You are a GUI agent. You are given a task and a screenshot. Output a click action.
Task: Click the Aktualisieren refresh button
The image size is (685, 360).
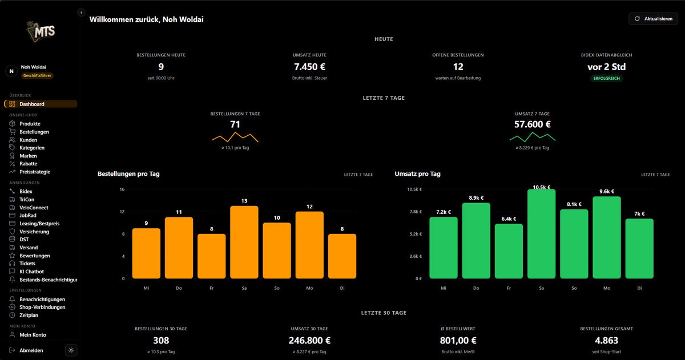(x=653, y=19)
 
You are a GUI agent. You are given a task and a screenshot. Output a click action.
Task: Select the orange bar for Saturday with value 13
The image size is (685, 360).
(x=244, y=242)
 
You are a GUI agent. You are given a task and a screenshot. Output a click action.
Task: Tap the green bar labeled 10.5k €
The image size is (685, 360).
(x=541, y=234)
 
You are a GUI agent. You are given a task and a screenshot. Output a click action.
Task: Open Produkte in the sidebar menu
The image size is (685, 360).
(x=30, y=124)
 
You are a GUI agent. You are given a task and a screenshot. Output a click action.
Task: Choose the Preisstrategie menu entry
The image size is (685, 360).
(x=35, y=172)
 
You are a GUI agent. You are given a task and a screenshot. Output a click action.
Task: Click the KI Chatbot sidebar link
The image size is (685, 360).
(x=31, y=272)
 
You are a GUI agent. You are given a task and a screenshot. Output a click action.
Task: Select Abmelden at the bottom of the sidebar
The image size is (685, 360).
(x=31, y=350)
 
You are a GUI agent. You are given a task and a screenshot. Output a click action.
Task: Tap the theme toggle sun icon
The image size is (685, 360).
(x=71, y=350)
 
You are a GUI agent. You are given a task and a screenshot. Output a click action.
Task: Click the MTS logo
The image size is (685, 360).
(x=41, y=31)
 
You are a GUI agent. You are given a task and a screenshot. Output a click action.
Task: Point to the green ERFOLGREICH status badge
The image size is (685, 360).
(x=606, y=79)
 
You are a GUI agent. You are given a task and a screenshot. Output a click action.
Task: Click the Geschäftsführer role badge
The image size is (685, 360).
(x=37, y=75)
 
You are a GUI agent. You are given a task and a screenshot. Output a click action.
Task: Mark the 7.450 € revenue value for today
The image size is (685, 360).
(x=309, y=67)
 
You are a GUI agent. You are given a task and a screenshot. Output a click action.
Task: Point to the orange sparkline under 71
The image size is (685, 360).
(x=235, y=137)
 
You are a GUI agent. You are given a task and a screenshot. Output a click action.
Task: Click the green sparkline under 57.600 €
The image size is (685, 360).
(x=533, y=137)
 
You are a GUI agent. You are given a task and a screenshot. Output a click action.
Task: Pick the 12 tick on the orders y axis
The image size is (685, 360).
(x=122, y=212)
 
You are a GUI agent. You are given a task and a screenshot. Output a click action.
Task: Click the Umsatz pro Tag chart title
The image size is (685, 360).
(x=417, y=174)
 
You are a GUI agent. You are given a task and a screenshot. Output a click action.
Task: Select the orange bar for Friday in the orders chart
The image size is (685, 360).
(x=211, y=256)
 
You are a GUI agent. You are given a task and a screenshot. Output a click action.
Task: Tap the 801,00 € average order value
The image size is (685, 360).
(x=458, y=341)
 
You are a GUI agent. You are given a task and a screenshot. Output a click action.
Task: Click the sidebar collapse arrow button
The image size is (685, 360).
(x=81, y=13)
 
